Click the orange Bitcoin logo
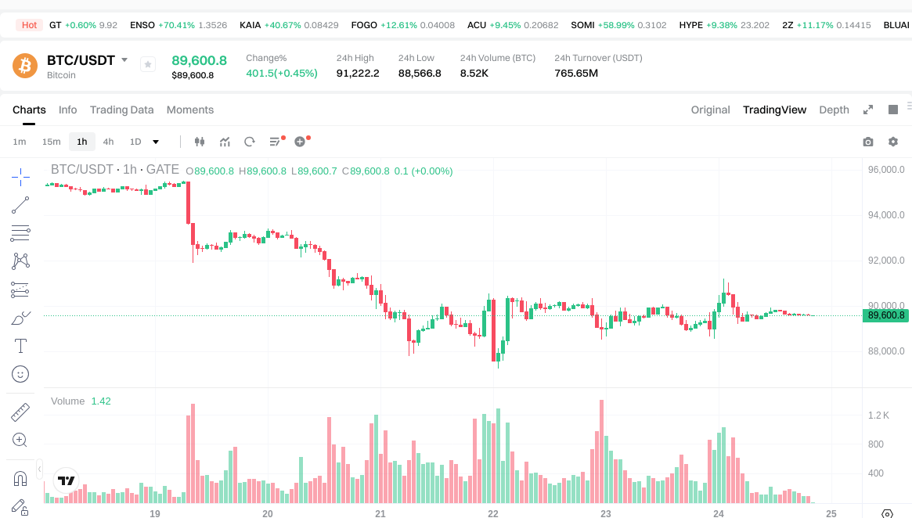25,66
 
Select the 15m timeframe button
51,142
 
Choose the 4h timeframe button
108,142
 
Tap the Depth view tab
834,110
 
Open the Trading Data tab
121,110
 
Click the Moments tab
190,110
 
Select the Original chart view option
710,110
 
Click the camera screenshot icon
867,142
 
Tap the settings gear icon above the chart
893,142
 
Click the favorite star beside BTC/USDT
148,65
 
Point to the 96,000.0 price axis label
886,170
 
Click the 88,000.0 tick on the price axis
886,351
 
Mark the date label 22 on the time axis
493,513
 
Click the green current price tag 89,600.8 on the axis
886,315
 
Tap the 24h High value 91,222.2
358,74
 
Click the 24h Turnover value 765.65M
576,74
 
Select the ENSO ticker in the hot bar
142,25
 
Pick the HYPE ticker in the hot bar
690,25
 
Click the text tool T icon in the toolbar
21,346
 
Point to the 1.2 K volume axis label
878,415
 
